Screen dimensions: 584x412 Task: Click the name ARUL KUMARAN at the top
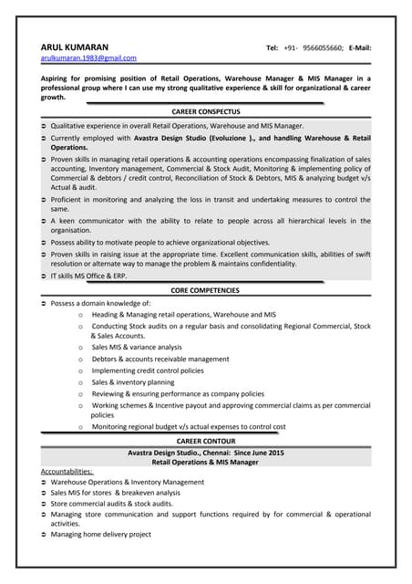74,47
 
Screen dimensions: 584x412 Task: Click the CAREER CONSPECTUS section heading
205,110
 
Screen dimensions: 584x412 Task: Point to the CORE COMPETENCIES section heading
205,290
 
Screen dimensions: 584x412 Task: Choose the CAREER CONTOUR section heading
205,441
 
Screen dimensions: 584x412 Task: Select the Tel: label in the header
273,47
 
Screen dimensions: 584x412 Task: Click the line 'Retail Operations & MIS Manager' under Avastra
205,462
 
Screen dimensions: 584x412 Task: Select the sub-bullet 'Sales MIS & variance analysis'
137,348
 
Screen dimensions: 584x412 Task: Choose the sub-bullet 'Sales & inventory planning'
132,383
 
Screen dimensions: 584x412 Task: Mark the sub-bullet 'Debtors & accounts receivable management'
160,360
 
